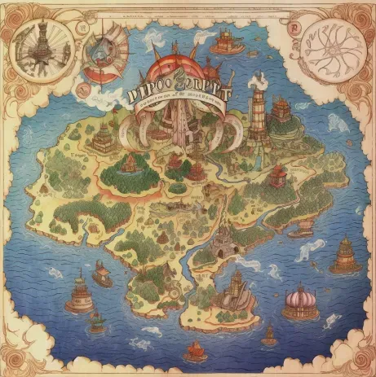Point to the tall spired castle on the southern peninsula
[x=236, y=289]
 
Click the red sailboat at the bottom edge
[x=196, y=351]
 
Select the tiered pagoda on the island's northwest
[x=103, y=138]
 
